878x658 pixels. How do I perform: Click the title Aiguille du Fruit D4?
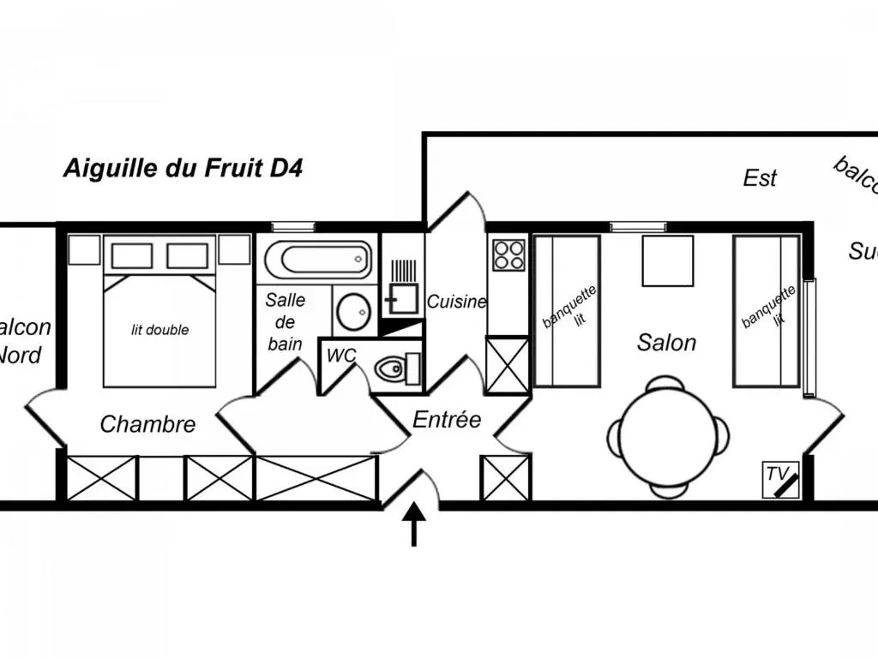[x=183, y=168]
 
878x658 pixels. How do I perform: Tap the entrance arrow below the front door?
[x=414, y=523]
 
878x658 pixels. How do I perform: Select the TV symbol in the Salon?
[x=781, y=481]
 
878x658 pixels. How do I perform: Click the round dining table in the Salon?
[x=668, y=438]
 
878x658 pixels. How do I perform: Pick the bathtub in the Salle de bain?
[x=317, y=258]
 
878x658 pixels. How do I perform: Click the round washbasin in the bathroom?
[x=352, y=312]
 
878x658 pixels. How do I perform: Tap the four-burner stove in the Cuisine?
[x=508, y=254]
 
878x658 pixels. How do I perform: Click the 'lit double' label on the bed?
[x=159, y=330]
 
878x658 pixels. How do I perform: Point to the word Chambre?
[x=147, y=424]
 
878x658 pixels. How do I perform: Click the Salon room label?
[x=666, y=343]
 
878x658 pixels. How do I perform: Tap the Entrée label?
[x=447, y=421]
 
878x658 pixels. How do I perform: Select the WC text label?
[x=341, y=356]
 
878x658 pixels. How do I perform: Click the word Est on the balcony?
[x=760, y=178]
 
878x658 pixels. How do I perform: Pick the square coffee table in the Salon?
[x=668, y=260]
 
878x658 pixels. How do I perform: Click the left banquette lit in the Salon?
[x=567, y=312]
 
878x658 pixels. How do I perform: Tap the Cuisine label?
[x=457, y=302]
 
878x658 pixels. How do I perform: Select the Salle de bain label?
[x=285, y=322]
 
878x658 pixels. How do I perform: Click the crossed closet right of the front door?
[x=505, y=477]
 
